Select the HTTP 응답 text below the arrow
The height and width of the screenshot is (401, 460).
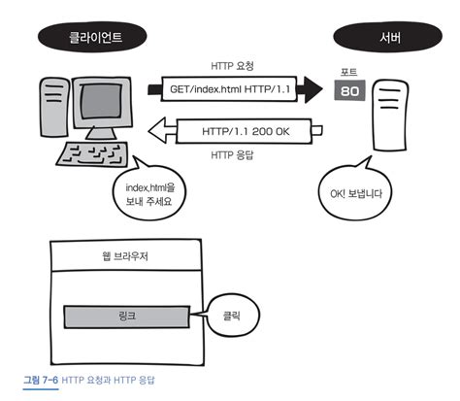(232, 154)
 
